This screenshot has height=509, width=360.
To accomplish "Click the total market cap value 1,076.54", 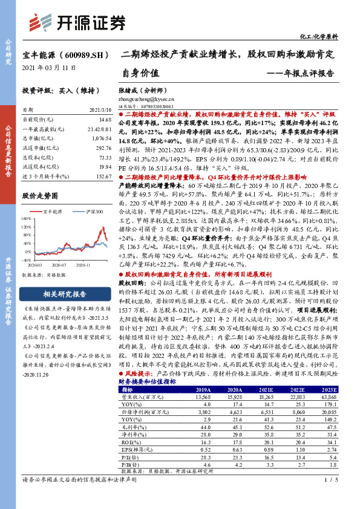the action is tap(101, 137).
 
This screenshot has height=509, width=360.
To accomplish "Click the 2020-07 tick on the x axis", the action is tap(58, 265).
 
